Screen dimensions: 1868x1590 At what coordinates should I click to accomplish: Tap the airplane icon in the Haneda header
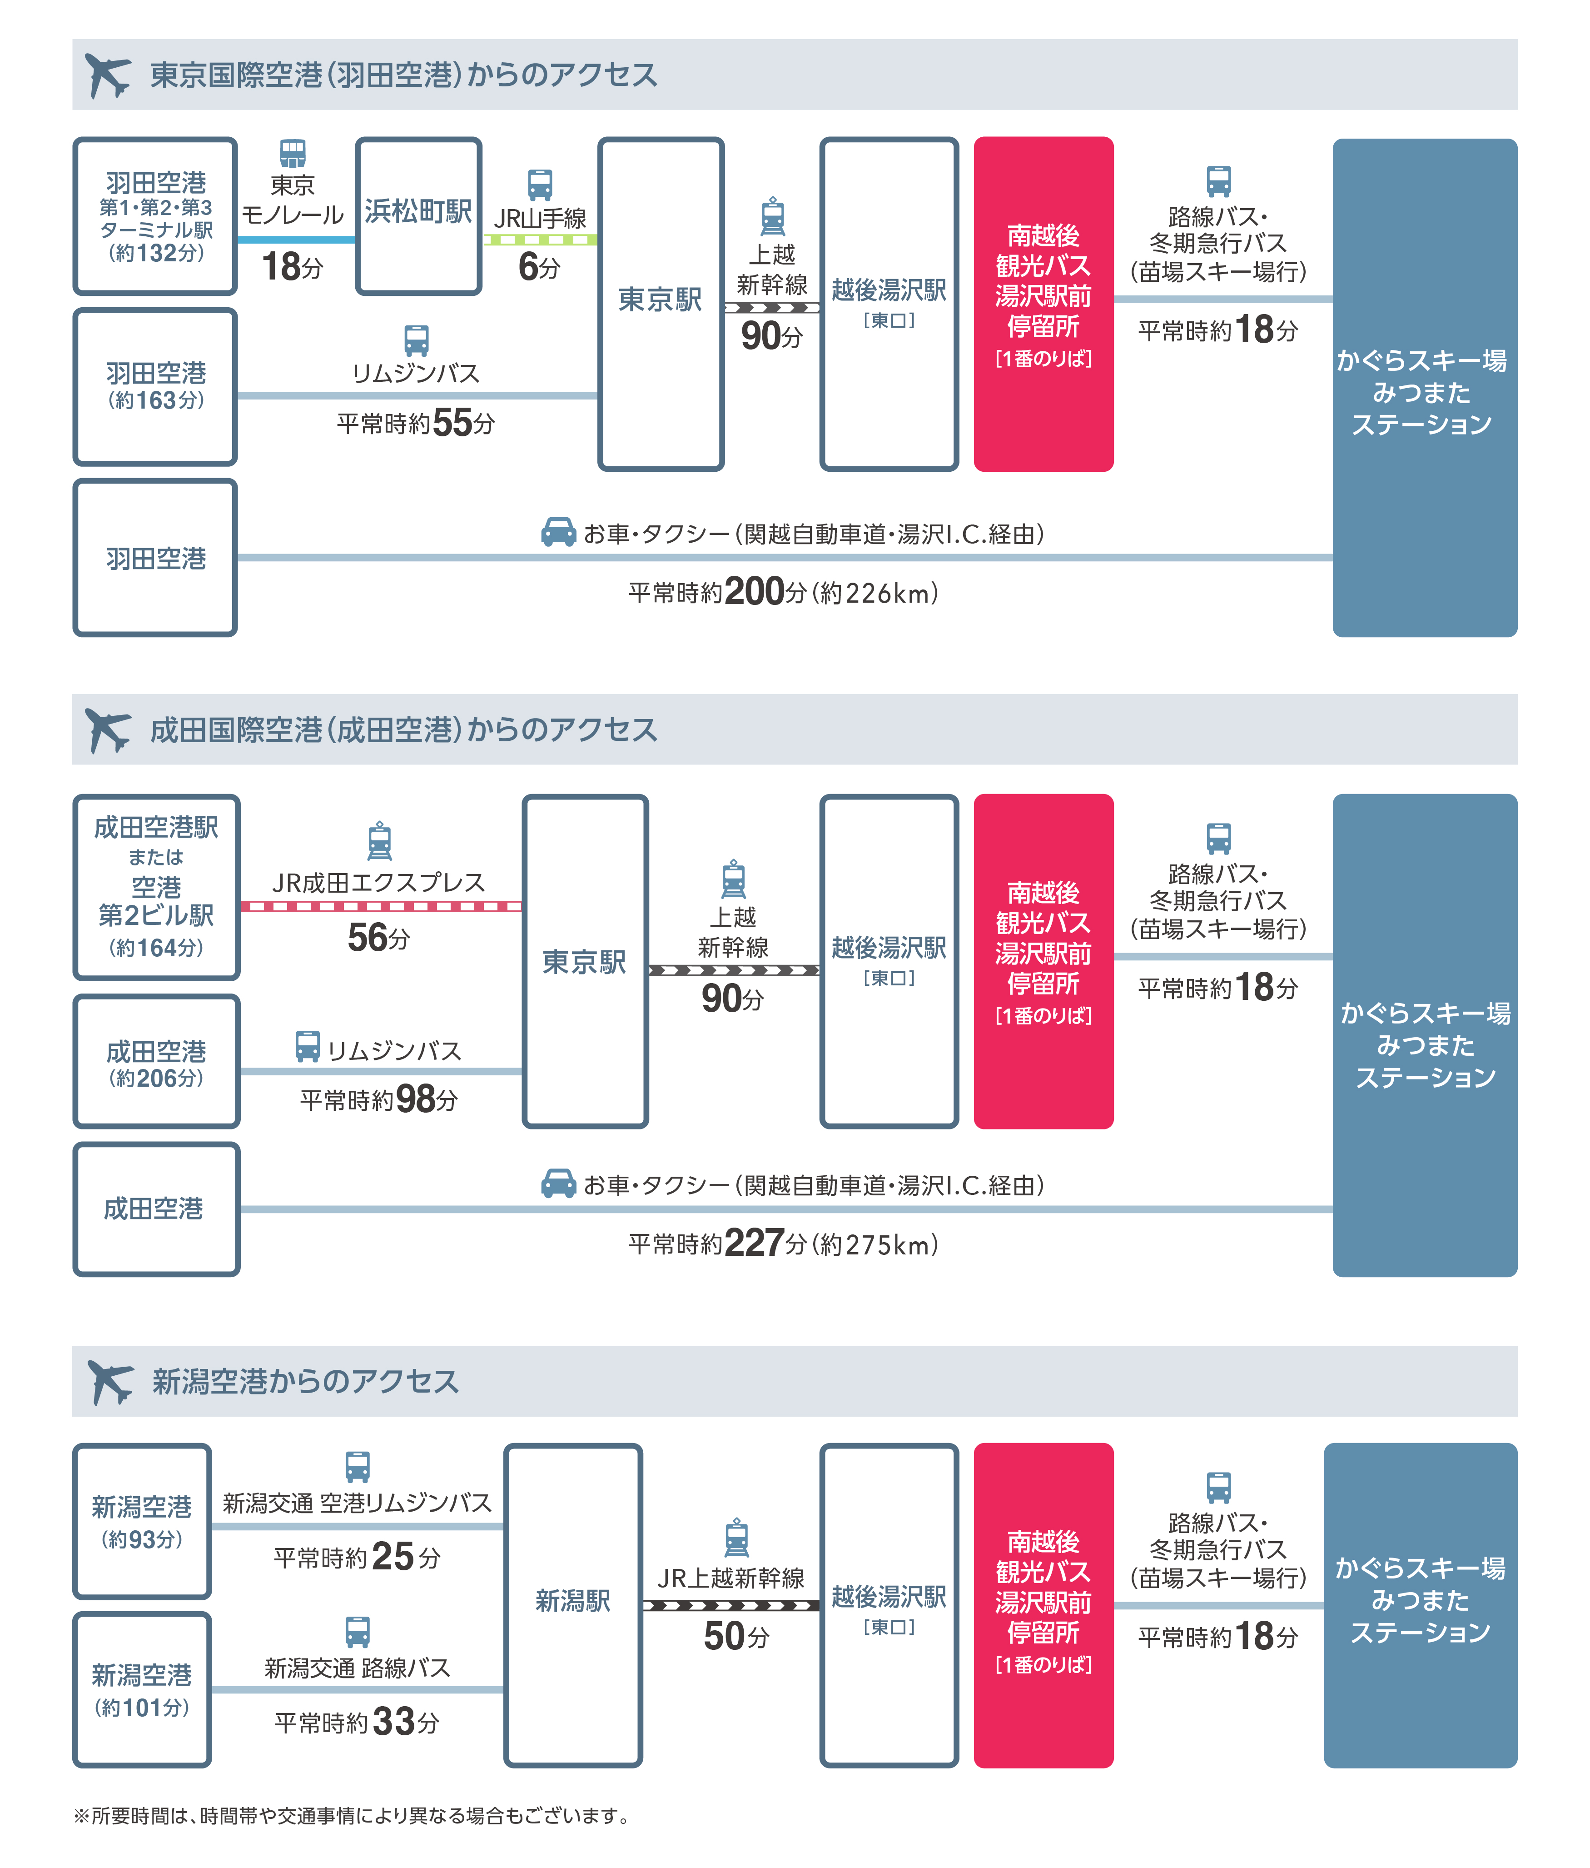(107, 75)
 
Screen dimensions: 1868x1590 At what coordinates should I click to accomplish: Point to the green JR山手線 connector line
(540, 240)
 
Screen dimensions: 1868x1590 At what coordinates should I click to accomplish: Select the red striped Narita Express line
(380, 906)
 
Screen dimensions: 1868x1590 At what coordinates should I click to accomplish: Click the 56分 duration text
(378, 939)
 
